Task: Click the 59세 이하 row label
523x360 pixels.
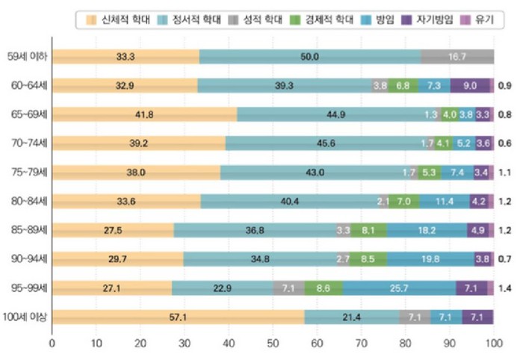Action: (24, 56)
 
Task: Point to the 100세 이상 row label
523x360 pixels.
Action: (24, 317)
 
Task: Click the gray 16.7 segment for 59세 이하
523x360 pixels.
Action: (457, 56)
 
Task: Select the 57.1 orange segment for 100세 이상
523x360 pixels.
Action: (178, 317)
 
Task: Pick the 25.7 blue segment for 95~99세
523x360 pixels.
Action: (400, 288)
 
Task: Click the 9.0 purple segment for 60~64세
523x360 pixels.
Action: (470, 85)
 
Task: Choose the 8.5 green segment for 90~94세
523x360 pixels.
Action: (368, 259)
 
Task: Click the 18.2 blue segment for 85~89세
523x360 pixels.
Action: (428, 230)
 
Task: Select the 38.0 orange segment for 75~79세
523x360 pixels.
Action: (136, 172)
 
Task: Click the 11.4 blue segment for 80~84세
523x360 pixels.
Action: (445, 201)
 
